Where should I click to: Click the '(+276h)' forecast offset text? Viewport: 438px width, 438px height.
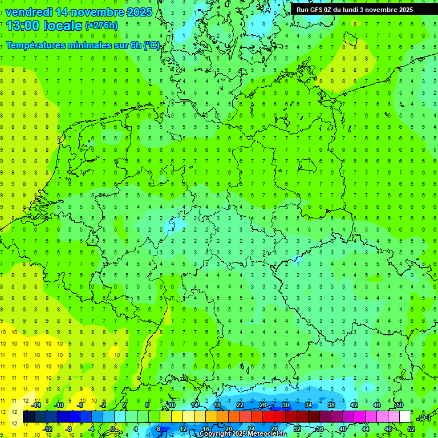coord(102,26)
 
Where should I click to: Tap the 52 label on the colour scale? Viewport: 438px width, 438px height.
coord(411,428)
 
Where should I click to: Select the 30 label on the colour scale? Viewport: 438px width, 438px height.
coord(285,404)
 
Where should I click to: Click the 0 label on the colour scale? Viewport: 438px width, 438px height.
coord(113,428)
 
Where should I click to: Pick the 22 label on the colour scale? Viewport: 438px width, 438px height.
coord(240,404)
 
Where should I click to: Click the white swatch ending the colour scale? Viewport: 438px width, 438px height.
coord(405,417)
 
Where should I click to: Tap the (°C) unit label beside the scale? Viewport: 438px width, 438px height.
coord(424,417)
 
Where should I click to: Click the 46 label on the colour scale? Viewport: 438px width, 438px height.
coord(376,404)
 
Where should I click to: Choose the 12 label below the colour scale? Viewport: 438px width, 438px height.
coord(182,428)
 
